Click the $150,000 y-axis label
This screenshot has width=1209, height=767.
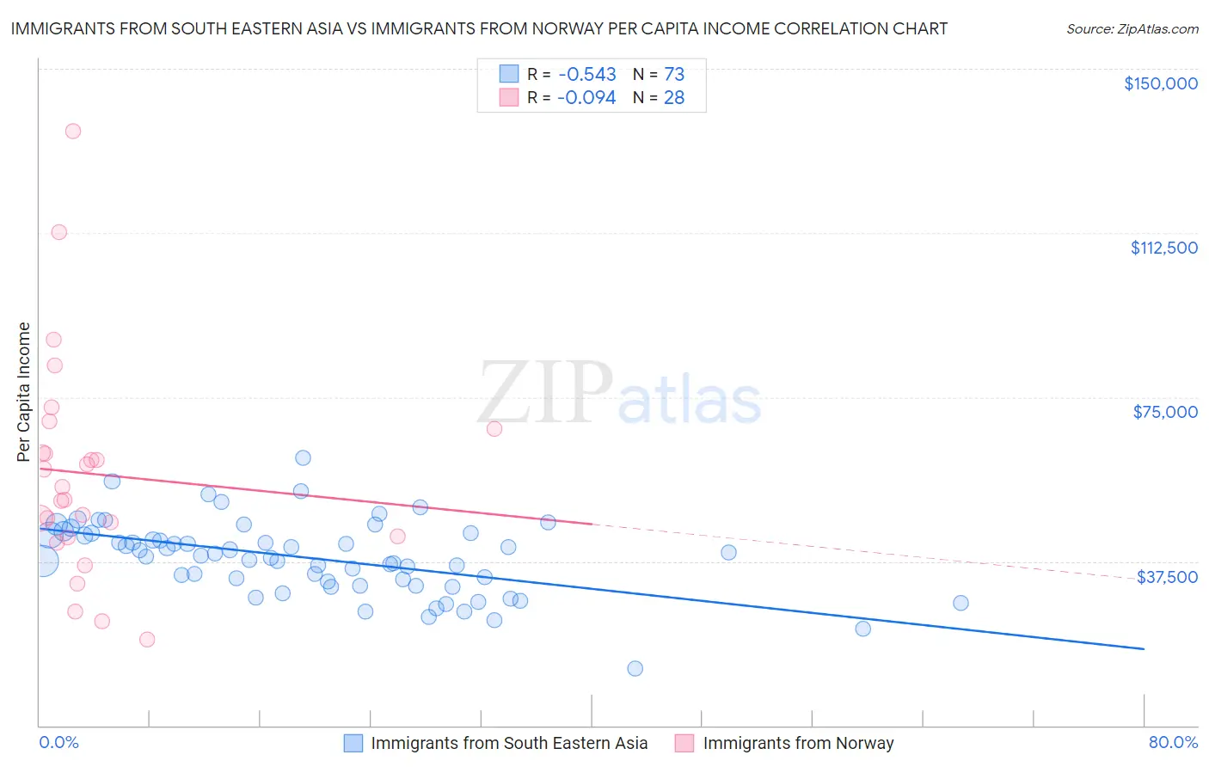tap(1160, 83)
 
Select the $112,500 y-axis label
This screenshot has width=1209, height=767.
tap(1163, 248)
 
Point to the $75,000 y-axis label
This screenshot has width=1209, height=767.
tap(1165, 412)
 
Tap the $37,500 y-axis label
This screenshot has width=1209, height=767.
tap(1167, 576)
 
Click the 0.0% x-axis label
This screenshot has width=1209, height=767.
tap(58, 742)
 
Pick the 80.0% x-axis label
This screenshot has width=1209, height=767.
tap(1173, 742)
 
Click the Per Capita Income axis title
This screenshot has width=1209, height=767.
tap(24, 391)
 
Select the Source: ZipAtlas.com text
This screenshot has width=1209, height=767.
tap(1132, 29)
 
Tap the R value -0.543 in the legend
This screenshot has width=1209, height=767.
tap(586, 75)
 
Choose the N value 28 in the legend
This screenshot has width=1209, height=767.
tap(674, 98)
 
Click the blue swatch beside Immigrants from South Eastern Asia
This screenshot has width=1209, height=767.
tap(353, 743)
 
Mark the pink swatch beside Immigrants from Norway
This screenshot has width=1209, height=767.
tap(684, 743)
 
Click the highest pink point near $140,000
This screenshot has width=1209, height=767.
tap(73, 132)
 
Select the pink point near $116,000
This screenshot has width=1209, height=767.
tap(59, 232)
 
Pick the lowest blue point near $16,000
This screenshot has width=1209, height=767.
tap(635, 668)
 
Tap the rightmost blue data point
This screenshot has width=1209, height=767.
tap(960, 603)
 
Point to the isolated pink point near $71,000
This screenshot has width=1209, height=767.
tap(494, 429)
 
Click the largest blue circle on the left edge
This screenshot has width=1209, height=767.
tap(43, 561)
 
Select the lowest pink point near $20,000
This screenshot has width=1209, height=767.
tap(147, 639)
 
